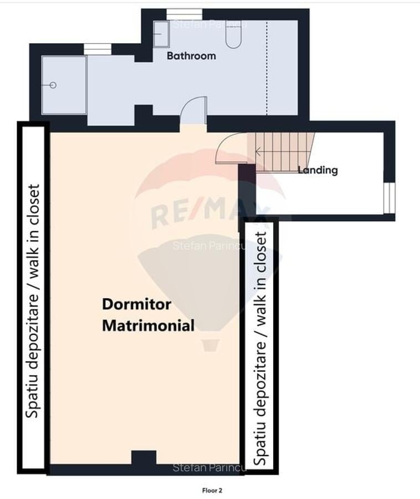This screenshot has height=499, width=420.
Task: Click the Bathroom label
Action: click(191, 55)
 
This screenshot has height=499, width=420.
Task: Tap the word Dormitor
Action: click(136, 304)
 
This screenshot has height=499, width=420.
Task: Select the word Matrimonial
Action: click(148, 325)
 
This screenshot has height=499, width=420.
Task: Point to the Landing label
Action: click(317, 170)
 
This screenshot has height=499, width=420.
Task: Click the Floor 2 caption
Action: click(212, 491)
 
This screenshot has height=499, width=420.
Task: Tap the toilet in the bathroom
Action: click(233, 34)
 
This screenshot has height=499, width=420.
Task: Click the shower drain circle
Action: click(53, 85)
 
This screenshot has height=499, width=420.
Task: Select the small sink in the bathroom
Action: click(161, 34)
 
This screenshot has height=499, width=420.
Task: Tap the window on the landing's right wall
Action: click(389, 198)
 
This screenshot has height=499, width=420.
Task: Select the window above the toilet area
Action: click(185, 14)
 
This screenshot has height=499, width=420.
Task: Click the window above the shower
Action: click(98, 49)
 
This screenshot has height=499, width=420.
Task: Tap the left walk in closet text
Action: click(33, 301)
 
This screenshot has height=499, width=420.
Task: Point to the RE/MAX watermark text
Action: click(210, 212)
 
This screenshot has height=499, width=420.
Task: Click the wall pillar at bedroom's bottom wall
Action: click(144, 458)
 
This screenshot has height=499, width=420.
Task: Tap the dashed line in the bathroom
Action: click(267, 68)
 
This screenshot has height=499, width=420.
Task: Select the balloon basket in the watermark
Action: click(209, 345)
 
